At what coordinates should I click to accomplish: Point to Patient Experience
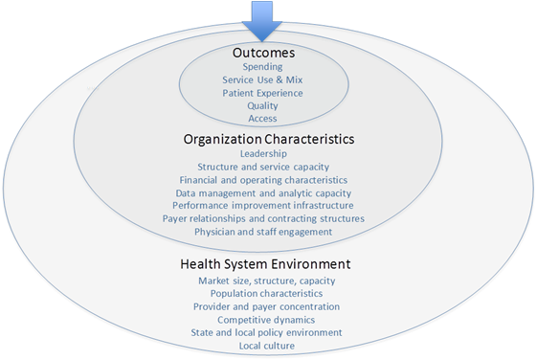(x=262, y=94)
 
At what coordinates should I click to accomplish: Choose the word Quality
(x=262, y=106)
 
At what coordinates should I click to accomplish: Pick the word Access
(x=262, y=119)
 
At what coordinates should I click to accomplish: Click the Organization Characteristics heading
(x=268, y=139)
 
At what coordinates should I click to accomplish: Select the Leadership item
(x=263, y=153)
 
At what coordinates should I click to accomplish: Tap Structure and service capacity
(x=263, y=167)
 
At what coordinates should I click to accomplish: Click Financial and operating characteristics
(x=263, y=179)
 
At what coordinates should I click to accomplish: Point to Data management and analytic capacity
(x=263, y=192)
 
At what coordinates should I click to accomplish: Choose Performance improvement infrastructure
(x=264, y=205)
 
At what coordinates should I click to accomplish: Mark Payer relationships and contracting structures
(x=264, y=218)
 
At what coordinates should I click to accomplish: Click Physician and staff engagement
(x=264, y=231)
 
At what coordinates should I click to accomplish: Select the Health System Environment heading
(x=265, y=263)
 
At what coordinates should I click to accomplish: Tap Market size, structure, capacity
(x=266, y=281)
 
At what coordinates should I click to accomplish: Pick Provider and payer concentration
(x=265, y=306)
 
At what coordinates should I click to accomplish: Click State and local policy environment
(x=265, y=331)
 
